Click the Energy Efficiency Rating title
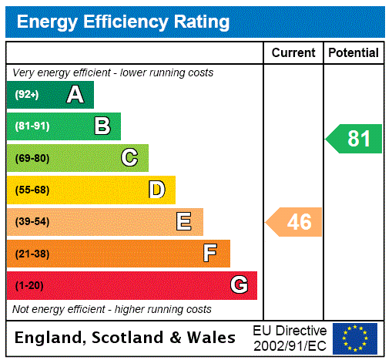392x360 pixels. (123, 22)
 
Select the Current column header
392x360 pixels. (293, 53)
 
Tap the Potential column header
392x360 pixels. (353, 53)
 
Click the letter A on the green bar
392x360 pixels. (75, 95)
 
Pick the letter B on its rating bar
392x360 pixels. (102, 126)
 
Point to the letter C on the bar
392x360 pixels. (129, 158)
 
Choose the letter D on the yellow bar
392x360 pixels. (156, 190)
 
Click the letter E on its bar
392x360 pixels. (184, 222)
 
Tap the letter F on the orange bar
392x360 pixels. (210, 253)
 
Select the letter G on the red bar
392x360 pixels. (239, 285)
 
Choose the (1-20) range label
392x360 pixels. (29, 285)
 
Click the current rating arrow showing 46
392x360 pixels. (295, 222)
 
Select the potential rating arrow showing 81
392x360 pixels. (355, 139)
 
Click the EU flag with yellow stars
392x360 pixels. (355, 338)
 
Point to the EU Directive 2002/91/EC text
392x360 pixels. (290, 338)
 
